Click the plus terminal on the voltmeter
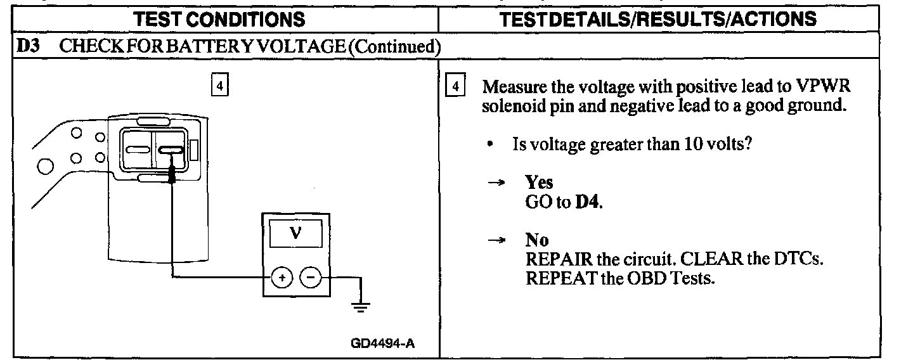click(282, 277)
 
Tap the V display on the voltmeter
click(295, 233)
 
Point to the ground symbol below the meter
click(361, 307)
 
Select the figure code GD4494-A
click(383, 344)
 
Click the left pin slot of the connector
click(137, 150)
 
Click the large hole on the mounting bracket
click(45, 167)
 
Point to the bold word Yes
click(539, 183)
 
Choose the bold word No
click(537, 240)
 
